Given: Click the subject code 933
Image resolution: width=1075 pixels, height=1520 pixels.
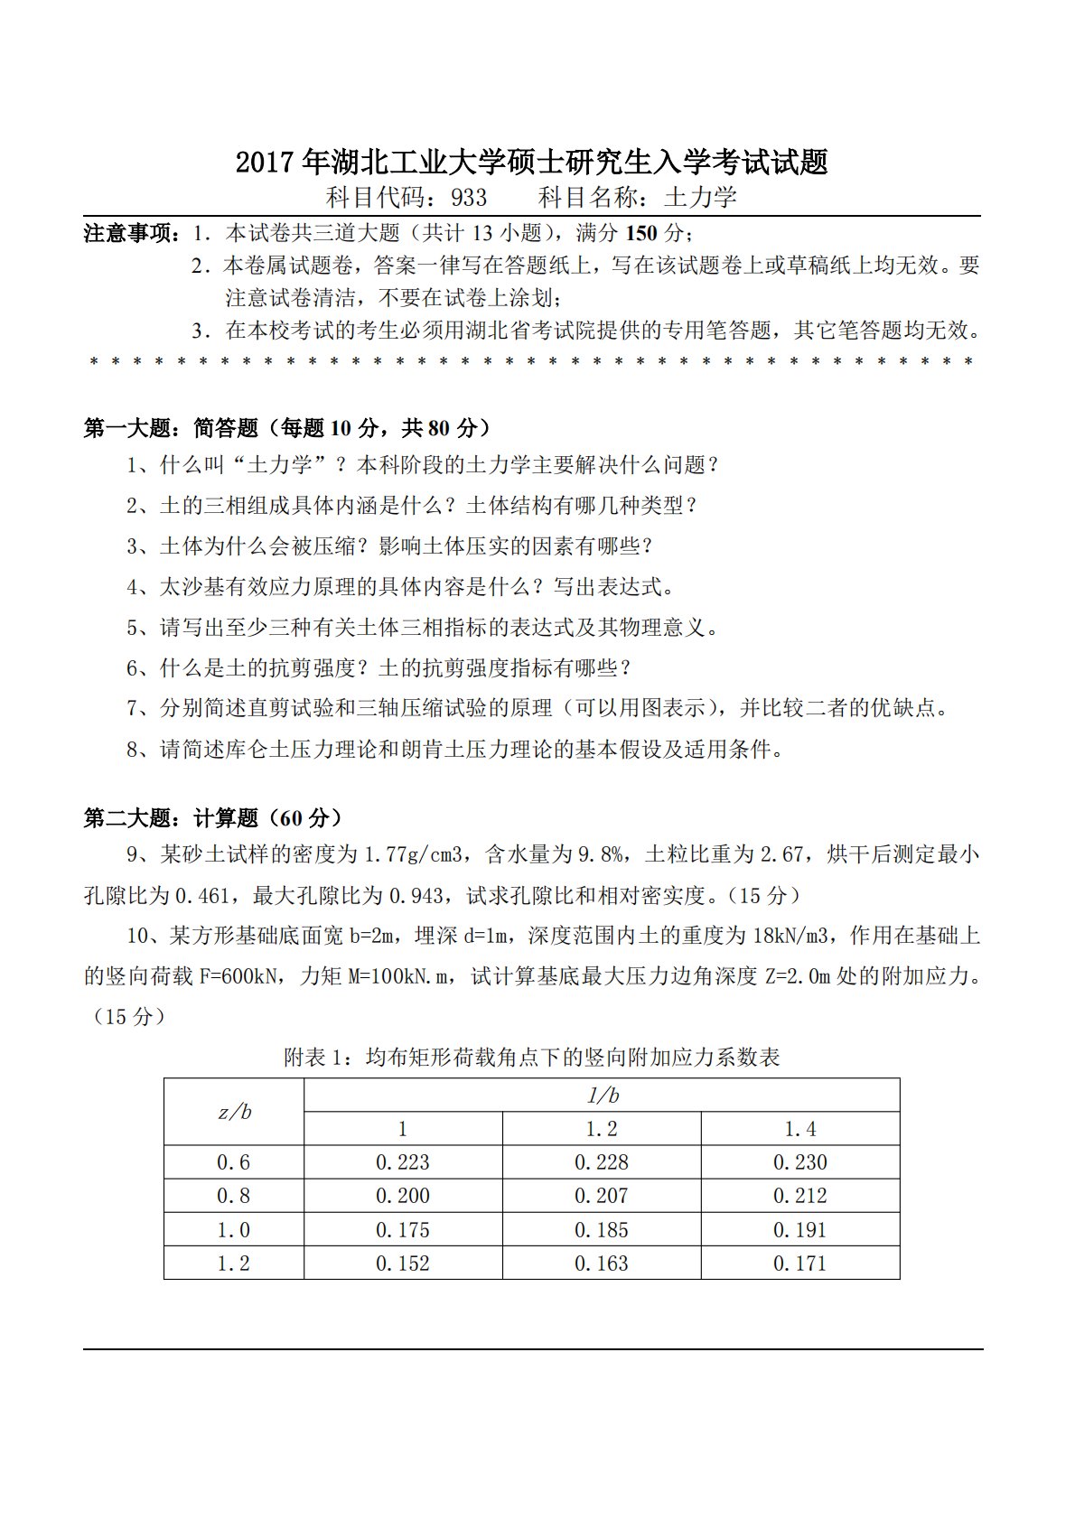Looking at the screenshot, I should coord(468,198).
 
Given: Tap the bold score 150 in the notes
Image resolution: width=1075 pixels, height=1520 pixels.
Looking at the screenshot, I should coord(641,233).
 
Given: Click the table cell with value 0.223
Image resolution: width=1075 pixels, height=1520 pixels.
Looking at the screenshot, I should coord(402,1162).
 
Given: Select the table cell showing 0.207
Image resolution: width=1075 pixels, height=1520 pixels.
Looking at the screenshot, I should coord(601,1196).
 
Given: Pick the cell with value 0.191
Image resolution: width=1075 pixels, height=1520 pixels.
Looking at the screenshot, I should coord(799,1230).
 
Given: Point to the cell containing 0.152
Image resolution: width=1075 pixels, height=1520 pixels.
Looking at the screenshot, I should coord(402,1264).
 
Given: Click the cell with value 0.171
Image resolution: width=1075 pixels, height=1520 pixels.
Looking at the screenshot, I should coord(799,1264).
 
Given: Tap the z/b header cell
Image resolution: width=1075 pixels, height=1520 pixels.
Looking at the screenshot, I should coord(234,1112).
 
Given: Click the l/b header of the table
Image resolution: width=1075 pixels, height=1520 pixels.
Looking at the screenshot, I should coord(602,1096).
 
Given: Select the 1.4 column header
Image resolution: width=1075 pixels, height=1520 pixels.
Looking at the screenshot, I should coord(799,1129).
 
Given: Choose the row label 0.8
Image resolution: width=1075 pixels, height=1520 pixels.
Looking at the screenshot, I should coord(234,1196).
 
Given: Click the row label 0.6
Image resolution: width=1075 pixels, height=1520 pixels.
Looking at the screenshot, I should coord(234,1162).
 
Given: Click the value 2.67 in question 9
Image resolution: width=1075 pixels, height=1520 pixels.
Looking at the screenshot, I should coord(781,854).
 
